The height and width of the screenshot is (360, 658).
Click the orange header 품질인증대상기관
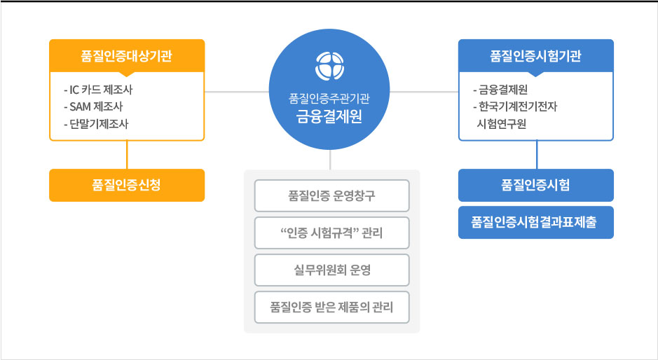point(127,56)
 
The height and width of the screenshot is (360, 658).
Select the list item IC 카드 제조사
point(98,90)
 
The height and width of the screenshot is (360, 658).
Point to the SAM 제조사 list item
point(93,107)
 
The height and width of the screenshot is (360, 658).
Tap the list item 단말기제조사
point(96,124)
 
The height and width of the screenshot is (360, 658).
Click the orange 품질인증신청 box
point(127,185)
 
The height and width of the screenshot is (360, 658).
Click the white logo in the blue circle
point(330,66)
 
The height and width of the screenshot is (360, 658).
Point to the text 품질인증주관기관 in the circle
point(329,99)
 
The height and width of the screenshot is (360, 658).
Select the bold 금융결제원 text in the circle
point(329,116)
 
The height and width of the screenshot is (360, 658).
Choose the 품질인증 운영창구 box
point(331,195)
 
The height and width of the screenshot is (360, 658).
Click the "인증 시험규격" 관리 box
point(331,233)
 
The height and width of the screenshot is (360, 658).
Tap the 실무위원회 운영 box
point(331,270)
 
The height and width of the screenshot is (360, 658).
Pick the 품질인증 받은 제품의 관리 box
point(331,307)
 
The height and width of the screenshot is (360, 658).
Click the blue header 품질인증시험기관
point(536,56)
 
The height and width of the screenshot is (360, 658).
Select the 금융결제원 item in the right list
point(500,90)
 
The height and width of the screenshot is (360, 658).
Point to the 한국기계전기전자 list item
point(515,107)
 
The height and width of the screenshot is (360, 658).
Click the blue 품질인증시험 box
point(536,185)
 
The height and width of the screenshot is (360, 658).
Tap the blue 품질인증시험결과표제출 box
point(536,223)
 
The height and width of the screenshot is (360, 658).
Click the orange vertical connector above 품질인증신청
point(127,155)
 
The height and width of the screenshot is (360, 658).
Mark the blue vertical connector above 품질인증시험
point(537,155)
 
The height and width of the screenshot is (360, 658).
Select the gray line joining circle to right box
point(424,92)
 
